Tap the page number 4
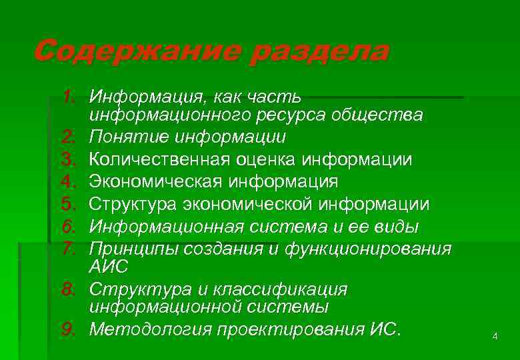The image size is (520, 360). pos(495,337)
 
